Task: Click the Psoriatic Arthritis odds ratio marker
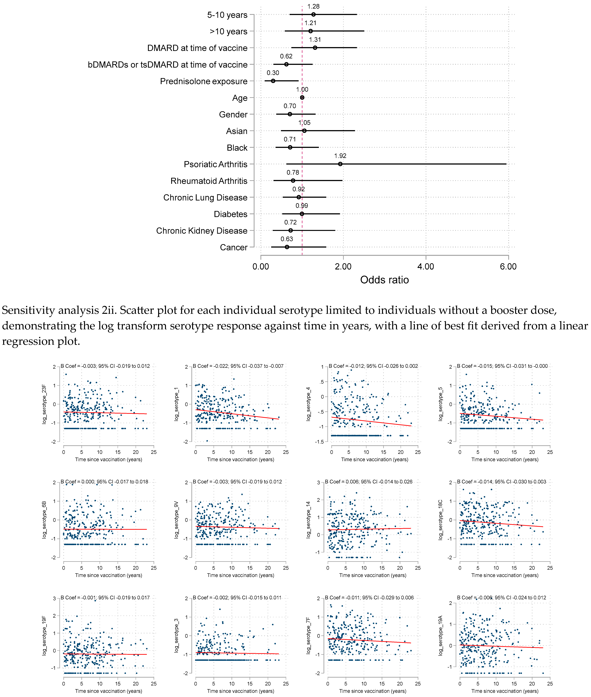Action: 340,164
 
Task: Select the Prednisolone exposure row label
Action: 204,82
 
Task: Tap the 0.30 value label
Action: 273,73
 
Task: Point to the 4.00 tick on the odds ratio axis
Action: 425,267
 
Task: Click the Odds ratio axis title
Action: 384,280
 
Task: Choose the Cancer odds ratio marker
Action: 287,247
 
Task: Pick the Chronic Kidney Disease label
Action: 202,231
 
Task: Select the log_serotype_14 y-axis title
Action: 308,520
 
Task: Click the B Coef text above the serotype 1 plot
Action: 238,366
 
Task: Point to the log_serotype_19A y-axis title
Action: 441,636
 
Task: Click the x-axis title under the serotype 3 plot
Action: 240,691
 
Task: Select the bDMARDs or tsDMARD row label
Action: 167,65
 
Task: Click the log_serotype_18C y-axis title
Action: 441,520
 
